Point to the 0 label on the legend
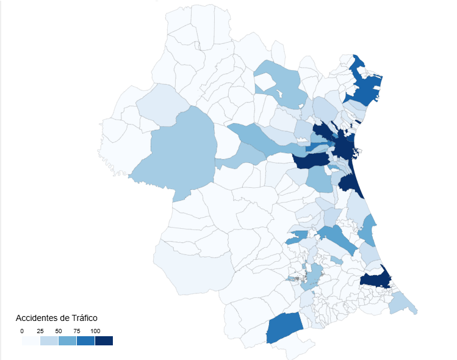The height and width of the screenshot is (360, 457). pos(22,331)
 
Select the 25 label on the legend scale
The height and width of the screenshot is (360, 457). pos(40,331)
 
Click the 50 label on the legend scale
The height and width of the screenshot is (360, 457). pos(59,331)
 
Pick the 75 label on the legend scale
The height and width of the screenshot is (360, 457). pos(77,331)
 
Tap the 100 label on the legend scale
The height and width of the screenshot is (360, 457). pos(95,331)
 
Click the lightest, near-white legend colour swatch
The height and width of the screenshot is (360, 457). pos(31,340)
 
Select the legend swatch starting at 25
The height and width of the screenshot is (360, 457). pos(49,340)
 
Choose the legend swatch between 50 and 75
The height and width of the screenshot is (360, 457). pos(68,340)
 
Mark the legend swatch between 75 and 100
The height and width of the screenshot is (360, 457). pos(86,340)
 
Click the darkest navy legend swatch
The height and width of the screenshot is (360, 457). pos(104,340)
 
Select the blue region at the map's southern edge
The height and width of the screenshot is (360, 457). pos(284,328)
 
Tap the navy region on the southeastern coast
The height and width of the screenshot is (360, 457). pos(375,279)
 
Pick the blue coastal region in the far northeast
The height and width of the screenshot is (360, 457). pos(364,88)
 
